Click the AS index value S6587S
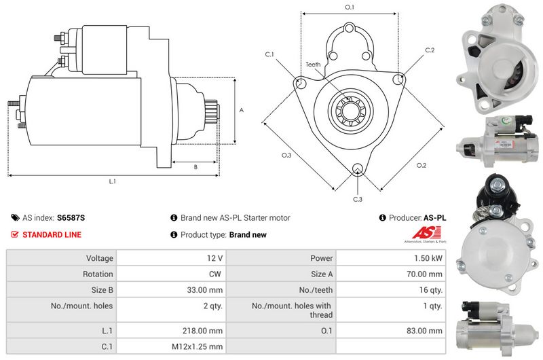point(71,218)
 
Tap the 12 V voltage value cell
point(214,258)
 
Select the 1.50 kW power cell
point(428,258)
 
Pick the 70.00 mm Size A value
point(424,274)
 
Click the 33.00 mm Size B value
point(205,290)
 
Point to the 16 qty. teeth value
point(431,290)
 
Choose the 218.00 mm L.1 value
point(202,331)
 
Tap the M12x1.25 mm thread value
point(197,346)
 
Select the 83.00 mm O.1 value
point(424,331)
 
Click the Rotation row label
point(98,274)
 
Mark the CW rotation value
point(214,274)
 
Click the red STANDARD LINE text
point(52,234)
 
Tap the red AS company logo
point(426,233)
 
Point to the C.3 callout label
point(358,199)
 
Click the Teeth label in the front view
point(313,65)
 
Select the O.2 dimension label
point(421,165)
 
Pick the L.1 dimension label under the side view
point(112,181)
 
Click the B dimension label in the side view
point(195,167)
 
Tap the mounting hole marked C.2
point(398,79)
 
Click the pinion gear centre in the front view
point(350,111)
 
